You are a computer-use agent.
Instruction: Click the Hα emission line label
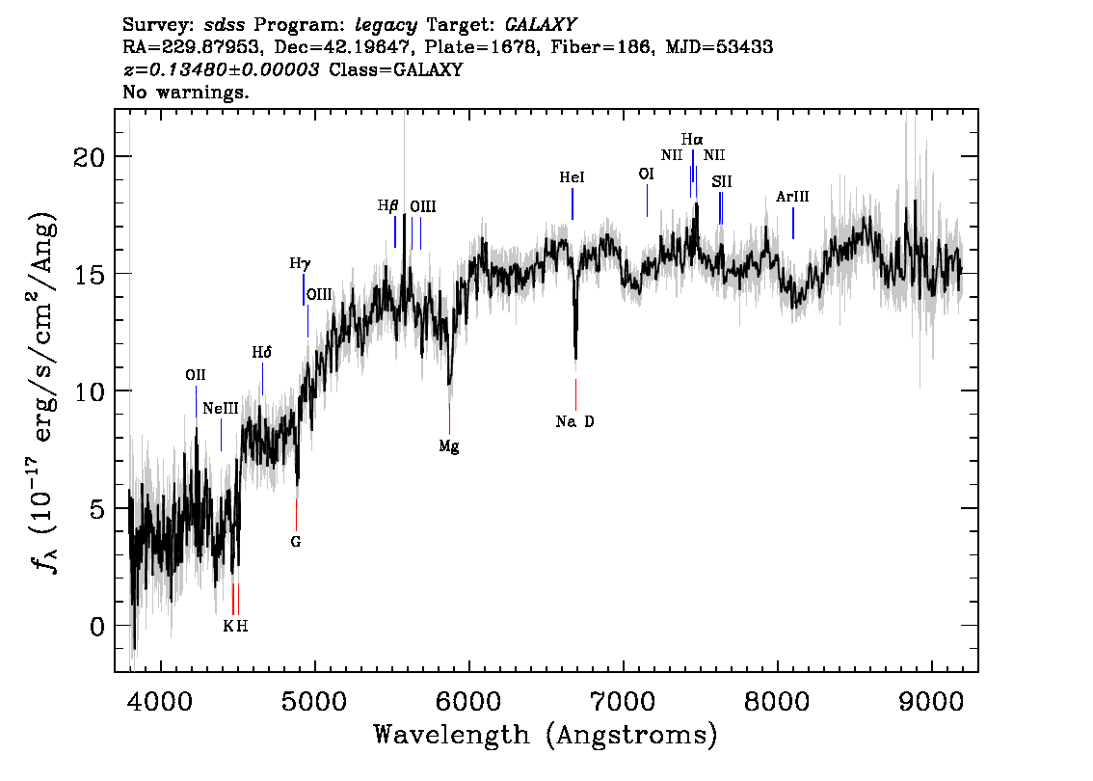692,140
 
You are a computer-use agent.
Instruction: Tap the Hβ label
387,205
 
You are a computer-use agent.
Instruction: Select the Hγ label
300,262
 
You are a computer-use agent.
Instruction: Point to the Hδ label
261,353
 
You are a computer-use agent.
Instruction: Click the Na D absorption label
575,421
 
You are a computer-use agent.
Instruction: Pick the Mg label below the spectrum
449,446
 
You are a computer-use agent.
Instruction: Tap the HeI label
572,178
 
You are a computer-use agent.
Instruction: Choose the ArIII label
792,197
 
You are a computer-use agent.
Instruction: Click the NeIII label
220,409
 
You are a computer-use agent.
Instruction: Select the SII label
722,181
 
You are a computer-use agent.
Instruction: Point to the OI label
646,175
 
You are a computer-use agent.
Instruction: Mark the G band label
296,542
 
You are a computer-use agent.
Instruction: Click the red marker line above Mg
449,418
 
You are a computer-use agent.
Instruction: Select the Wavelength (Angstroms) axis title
546,736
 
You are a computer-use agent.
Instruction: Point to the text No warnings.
186,93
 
